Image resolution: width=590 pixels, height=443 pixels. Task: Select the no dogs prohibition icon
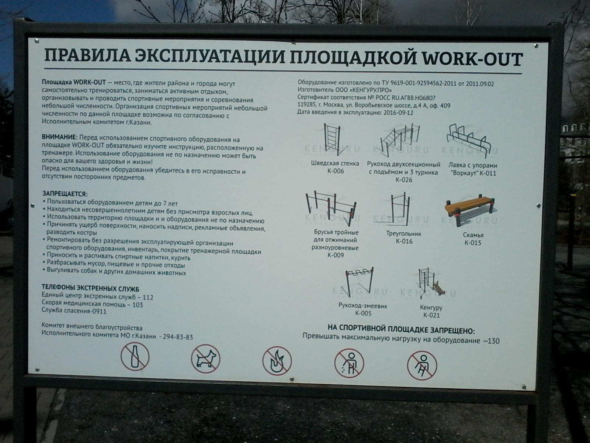coord(205,359)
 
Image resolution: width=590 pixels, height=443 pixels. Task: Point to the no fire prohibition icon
coord(277,361)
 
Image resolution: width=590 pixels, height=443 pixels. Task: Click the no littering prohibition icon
coord(349,363)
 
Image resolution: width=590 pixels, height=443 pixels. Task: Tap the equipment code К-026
coord(404,180)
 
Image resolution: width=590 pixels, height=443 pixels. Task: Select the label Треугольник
coord(404,234)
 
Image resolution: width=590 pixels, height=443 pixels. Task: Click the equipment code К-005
coord(363,313)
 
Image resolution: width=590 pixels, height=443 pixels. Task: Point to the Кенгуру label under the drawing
coord(431,308)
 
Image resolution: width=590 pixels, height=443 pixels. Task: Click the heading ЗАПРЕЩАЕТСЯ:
coord(65,194)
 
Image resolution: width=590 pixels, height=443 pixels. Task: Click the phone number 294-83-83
coord(178,337)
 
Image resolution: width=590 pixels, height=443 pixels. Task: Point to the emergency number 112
coord(148,298)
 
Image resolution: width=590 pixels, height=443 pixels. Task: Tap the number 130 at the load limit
coord(494,341)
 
